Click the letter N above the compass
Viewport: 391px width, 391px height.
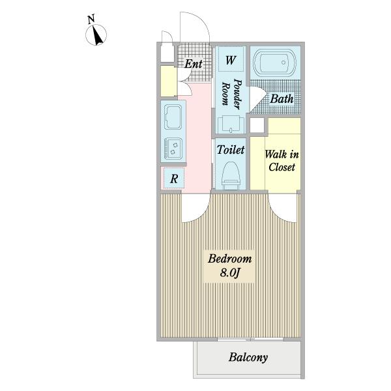coord(91,20)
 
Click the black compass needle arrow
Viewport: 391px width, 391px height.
coord(98,36)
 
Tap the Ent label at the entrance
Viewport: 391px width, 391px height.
coord(194,64)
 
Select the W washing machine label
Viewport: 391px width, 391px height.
coord(231,60)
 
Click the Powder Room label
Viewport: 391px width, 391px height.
coord(231,94)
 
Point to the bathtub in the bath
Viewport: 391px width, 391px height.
coord(274,63)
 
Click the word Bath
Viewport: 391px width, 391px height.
coord(282,99)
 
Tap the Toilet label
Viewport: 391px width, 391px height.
coord(231,150)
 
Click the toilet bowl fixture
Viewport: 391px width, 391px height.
coord(231,175)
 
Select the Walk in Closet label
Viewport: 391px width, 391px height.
coord(282,161)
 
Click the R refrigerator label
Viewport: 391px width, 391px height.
coord(174,179)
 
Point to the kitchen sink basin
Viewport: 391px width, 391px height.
coord(173,117)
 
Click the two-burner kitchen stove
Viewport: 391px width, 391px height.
coord(173,148)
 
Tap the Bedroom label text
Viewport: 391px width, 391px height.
coord(229,259)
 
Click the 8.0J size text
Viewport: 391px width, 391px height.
coord(229,273)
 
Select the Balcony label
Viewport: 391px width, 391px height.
coord(248,357)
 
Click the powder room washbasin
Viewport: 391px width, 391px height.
coord(231,124)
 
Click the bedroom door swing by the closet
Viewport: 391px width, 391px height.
coord(280,214)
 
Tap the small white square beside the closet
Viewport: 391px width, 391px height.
coord(257,125)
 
